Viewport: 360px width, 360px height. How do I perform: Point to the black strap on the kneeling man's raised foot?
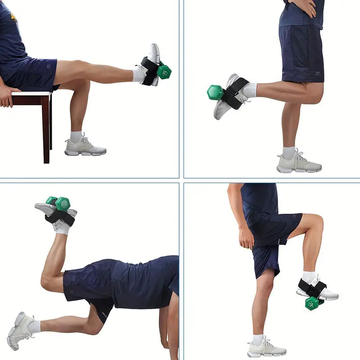coord(63,218)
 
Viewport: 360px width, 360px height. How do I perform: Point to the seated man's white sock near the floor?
coord(76,136)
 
